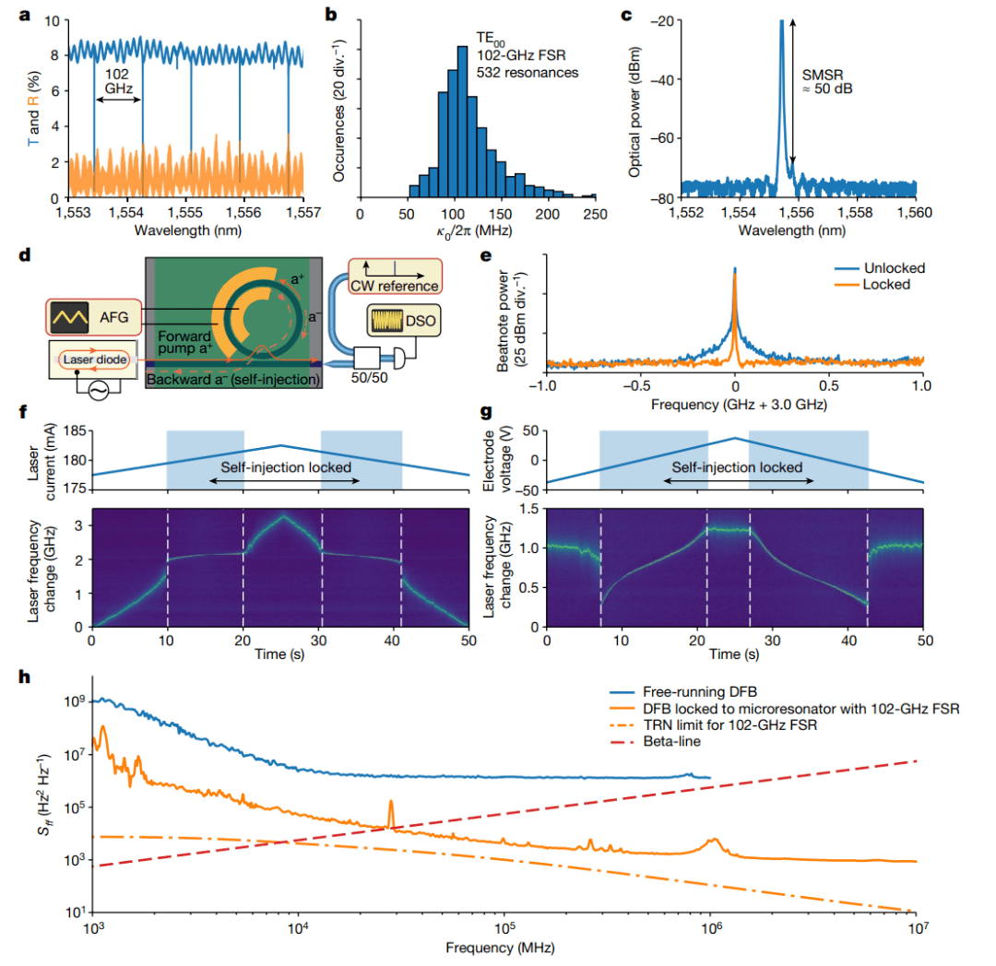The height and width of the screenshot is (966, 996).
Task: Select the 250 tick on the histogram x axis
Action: pos(595,213)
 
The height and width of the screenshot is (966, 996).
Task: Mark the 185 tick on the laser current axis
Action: pos(74,430)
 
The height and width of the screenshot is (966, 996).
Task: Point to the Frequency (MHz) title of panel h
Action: pos(504,947)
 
